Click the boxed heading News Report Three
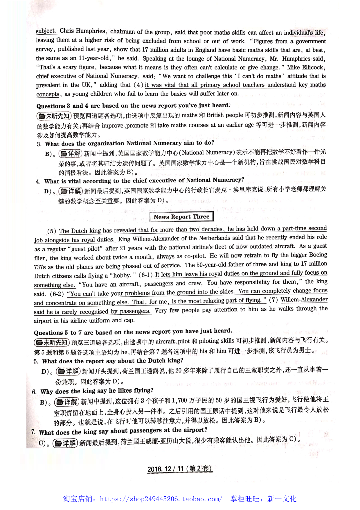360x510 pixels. point(181,217)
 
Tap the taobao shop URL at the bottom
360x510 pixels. point(161,499)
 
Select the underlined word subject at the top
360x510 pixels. point(46,31)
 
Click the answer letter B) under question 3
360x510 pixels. point(48,154)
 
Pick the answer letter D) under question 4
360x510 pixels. point(48,192)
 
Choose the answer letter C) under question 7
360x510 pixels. point(42,443)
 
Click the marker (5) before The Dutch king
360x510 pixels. point(51,231)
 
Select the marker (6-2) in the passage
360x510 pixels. point(57,294)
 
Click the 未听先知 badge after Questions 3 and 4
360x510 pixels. point(54,116)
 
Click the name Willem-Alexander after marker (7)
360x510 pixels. point(304,300)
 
